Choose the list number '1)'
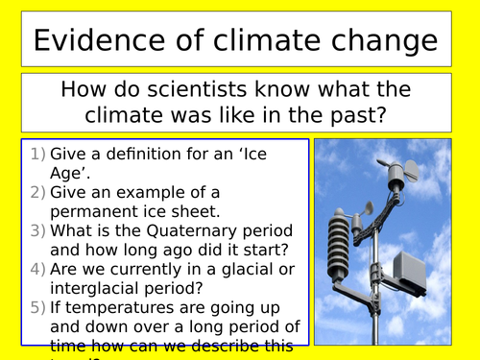coord(35,154)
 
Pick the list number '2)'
coord(35,192)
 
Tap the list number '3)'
coord(35,230)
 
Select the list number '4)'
coord(35,269)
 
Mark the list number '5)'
coord(35,307)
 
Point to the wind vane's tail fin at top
coord(407,172)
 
